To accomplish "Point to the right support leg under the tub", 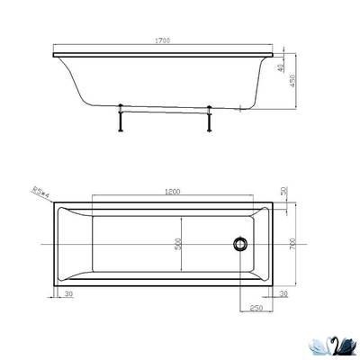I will click(209, 120).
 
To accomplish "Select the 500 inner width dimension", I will click(178, 244).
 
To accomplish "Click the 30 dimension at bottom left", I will click(68, 293).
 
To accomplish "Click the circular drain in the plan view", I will click(240, 243).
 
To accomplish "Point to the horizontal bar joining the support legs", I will click(164, 112).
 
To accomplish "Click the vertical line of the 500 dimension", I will click(184, 243).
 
